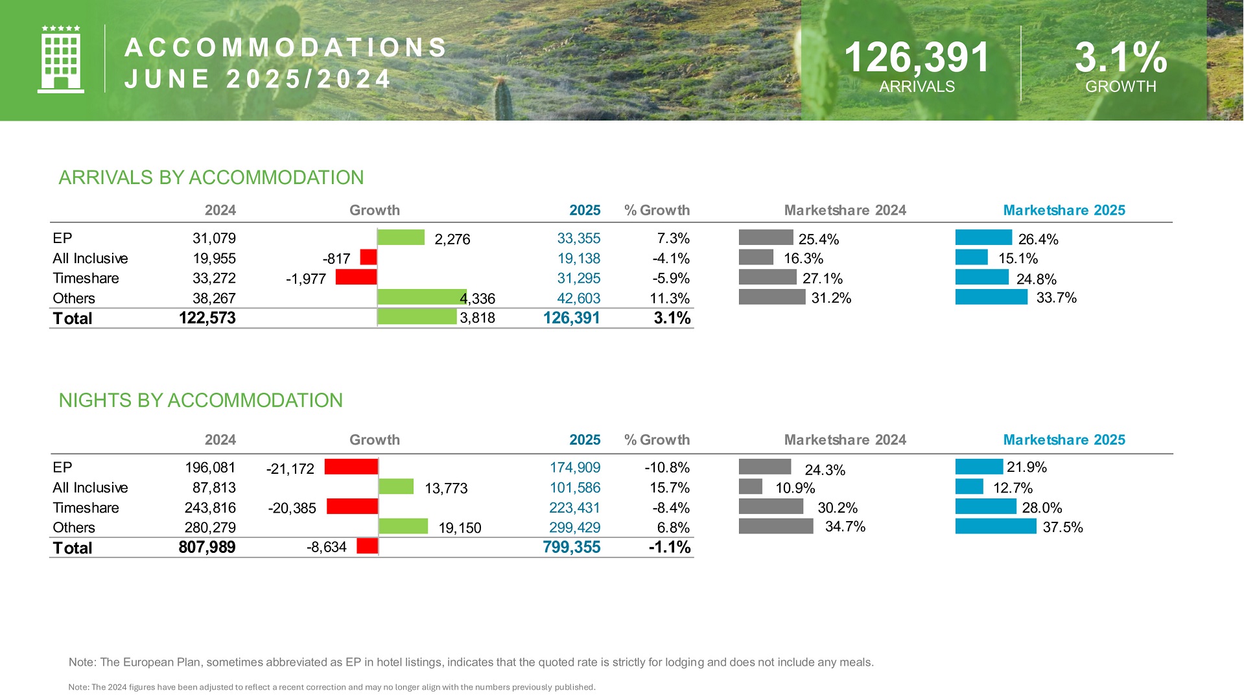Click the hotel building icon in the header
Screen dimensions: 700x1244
[61, 59]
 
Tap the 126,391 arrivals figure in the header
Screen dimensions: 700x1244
[917, 57]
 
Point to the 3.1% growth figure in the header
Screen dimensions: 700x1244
[1120, 57]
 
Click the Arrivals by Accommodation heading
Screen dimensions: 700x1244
[211, 178]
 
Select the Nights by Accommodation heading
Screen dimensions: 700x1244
[201, 401]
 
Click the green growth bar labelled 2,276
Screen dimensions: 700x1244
[401, 237]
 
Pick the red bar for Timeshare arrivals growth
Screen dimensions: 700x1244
[356, 277]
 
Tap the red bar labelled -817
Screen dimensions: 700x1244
[368, 257]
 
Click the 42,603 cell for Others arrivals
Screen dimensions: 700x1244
[578, 298]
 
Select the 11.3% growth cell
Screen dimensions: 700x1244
[670, 298]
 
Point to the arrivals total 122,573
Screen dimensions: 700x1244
[207, 318]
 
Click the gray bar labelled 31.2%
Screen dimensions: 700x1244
[772, 297]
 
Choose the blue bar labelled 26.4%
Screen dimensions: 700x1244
[983, 237]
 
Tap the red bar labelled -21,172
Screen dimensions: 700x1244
[351, 467]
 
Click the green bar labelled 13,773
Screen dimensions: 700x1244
[395, 486]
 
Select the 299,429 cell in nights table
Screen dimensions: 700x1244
[574, 528]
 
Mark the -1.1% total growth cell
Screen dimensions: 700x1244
[670, 547]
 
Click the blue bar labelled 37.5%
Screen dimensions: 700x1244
[996, 526]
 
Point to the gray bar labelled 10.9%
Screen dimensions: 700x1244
[751, 486]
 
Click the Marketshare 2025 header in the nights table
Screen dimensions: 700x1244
[1064, 439]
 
